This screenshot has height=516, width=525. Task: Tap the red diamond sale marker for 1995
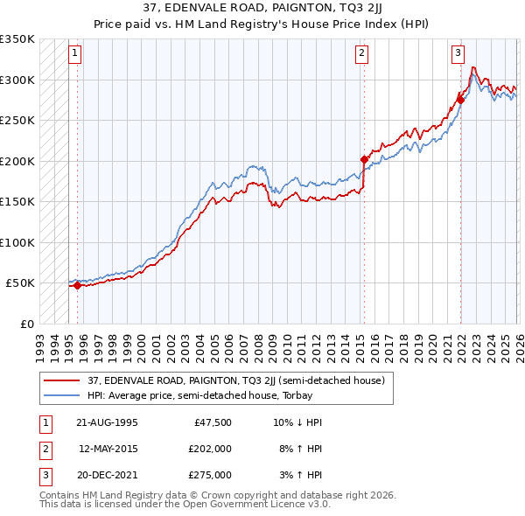[x=77, y=285]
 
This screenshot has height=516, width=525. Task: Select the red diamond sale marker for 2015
[x=363, y=159]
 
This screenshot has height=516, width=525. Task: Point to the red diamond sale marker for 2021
[x=459, y=100]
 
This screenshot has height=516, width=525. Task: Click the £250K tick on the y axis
[x=17, y=121]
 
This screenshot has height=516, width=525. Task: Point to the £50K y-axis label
[x=20, y=283]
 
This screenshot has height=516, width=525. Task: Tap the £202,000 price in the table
[x=210, y=449]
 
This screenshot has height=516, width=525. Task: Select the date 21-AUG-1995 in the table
[x=107, y=422]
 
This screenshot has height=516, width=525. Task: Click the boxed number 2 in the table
[x=45, y=449]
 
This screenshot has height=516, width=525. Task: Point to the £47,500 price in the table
[x=213, y=422]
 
